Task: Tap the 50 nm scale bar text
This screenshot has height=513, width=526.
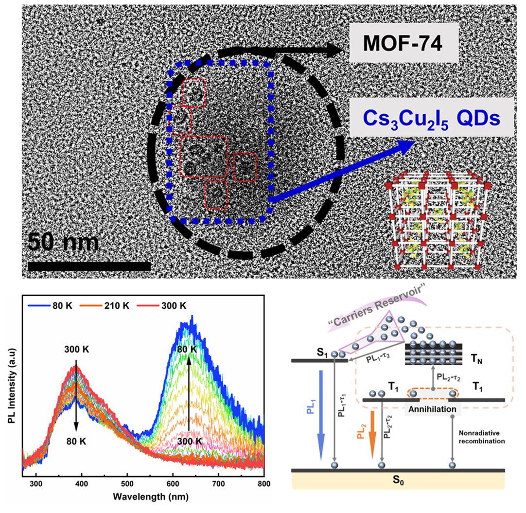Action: point(63,242)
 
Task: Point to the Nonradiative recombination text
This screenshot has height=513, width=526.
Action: point(482,436)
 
